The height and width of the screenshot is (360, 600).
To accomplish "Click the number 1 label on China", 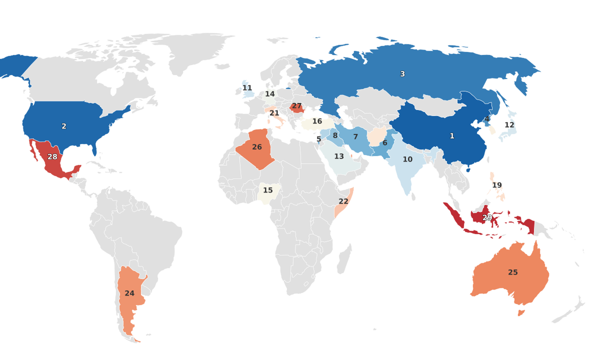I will pyautogui.click(x=452, y=136).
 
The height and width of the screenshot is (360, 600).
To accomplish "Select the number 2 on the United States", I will pyautogui.click(x=64, y=126).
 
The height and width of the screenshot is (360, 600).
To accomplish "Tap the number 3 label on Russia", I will pyautogui.click(x=402, y=74).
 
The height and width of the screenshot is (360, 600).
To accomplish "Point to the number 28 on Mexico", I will pyautogui.click(x=52, y=157).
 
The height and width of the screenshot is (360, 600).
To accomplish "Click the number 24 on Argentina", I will pyautogui.click(x=129, y=293).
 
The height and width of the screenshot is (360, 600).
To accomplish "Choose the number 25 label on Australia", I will pyautogui.click(x=513, y=272).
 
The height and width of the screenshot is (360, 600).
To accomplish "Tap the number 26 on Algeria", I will pyautogui.click(x=257, y=147).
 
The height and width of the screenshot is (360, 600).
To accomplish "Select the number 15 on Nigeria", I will pyautogui.click(x=268, y=190).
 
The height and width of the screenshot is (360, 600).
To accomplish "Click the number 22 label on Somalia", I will pyautogui.click(x=343, y=201).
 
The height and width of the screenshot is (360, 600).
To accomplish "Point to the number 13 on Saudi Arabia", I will pyautogui.click(x=339, y=156).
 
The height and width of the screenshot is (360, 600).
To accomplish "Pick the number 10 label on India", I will pyautogui.click(x=407, y=159).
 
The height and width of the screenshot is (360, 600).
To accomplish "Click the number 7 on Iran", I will pyautogui.click(x=355, y=137).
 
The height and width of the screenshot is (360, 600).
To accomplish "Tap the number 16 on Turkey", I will pyautogui.click(x=317, y=121).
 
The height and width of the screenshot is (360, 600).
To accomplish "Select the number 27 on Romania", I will pyautogui.click(x=297, y=106).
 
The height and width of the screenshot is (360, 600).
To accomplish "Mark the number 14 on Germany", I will pyautogui.click(x=270, y=94).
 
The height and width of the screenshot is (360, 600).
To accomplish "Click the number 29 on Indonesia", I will pyautogui.click(x=487, y=217).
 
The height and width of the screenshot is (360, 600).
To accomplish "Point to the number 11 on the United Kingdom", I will pyautogui.click(x=247, y=88).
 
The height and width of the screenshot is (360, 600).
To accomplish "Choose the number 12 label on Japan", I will pyautogui.click(x=509, y=125).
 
